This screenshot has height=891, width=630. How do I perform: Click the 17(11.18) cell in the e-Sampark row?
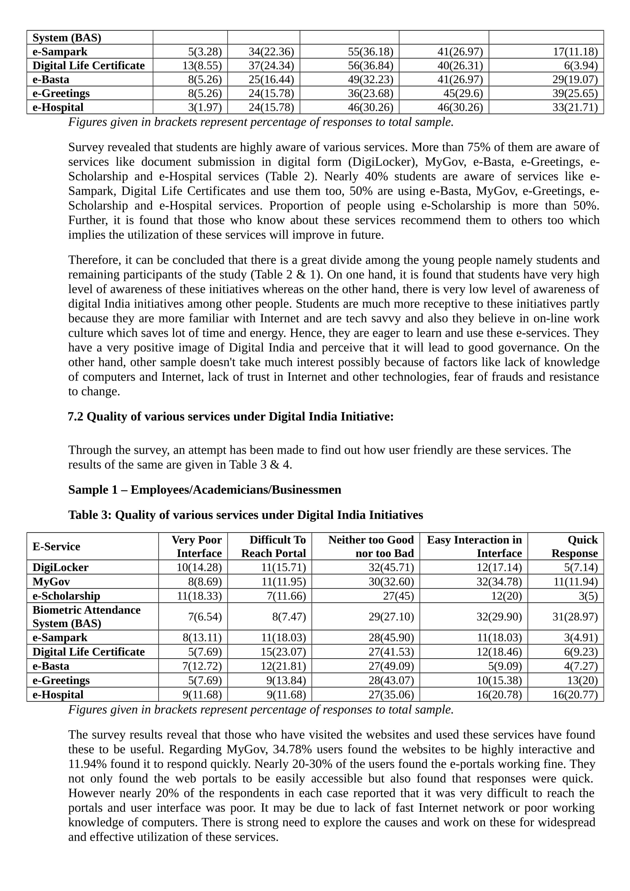575,51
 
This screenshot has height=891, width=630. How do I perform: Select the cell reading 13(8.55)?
202,66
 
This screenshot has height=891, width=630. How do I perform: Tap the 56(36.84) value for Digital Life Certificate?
370,66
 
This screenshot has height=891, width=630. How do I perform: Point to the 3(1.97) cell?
205,107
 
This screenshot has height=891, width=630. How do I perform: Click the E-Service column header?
56,546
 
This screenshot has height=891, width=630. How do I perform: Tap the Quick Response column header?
574,546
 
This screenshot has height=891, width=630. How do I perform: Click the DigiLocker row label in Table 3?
60,567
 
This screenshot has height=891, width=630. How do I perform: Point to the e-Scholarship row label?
66,596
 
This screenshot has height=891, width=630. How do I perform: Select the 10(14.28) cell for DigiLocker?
199,567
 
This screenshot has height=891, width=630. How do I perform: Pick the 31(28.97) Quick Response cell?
575,617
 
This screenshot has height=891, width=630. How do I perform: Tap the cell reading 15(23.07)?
283,651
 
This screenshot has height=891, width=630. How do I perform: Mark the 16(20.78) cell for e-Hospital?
499,694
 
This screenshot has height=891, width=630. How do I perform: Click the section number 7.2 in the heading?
75,417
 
